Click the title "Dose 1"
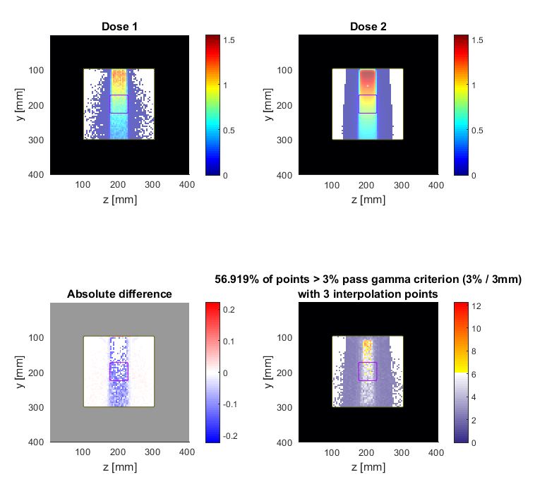119,27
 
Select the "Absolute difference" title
119,294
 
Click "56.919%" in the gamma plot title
238,279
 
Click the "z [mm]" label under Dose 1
119,199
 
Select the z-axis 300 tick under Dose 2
402,185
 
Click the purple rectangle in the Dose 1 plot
119,104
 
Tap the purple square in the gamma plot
367,371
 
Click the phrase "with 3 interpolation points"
367,294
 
